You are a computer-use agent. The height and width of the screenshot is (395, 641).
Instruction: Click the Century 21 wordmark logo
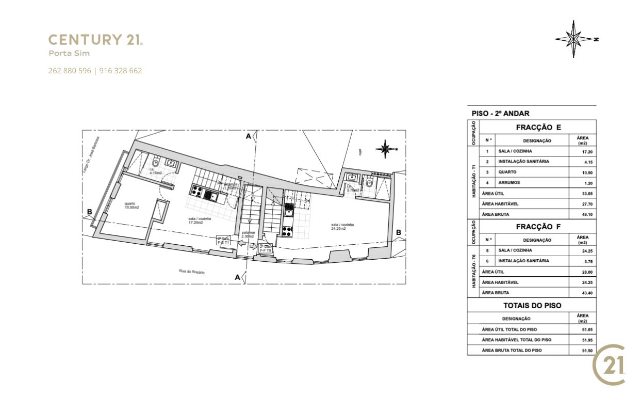[95, 40]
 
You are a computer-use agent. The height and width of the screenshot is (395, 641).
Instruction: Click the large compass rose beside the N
[573, 39]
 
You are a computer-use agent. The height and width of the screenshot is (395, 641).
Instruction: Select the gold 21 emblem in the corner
[610, 365]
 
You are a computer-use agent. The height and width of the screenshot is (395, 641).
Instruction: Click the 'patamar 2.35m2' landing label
[248, 234]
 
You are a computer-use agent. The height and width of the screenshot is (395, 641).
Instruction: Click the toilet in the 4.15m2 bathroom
[156, 163]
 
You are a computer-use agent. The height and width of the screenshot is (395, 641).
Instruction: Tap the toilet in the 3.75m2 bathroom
[369, 182]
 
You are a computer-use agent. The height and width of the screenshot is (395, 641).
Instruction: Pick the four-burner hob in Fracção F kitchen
[287, 231]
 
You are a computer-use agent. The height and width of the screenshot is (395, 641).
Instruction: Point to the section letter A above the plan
[248, 136]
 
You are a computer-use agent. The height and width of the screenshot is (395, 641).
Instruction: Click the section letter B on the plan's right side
[398, 232]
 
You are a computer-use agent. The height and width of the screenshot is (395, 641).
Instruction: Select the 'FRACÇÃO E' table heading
[538, 128]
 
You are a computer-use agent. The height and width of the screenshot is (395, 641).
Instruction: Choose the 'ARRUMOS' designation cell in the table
[509, 183]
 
